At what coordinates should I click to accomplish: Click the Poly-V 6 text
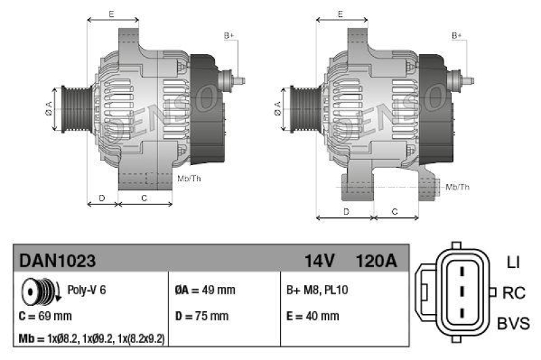click(87, 290)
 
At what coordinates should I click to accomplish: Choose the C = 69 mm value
click(45, 316)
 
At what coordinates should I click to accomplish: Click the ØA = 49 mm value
click(205, 290)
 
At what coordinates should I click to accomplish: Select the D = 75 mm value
click(202, 316)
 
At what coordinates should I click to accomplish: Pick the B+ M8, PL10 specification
click(318, 290)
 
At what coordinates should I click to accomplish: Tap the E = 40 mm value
click(313, 316)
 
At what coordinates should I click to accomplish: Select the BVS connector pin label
click(513, 323)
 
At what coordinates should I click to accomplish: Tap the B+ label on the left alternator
click(229, 35)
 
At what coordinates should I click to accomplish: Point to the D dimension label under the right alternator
click(346, 212)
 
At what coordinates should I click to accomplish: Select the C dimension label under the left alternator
click(144, 198)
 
